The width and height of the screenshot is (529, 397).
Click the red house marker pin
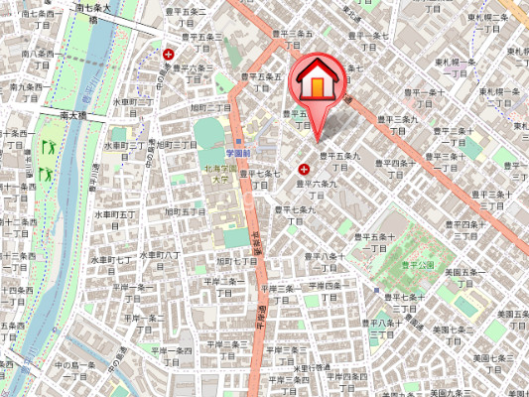[316, 83]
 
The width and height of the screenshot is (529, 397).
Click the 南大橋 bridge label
[73, 116]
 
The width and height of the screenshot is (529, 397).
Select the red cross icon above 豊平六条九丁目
[304, 170]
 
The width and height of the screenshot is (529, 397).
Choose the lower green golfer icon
[45, 172]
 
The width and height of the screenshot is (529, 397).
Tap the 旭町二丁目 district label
[210, 107]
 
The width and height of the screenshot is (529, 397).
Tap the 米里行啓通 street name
[316, 367]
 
